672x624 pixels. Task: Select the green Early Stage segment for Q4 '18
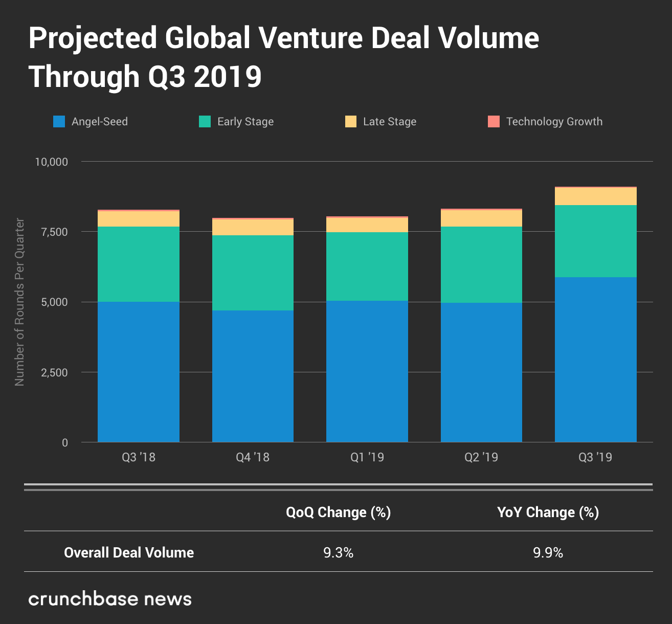pyautogui.click(x=253, y=273)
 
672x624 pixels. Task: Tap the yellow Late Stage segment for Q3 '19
pyautogui.click(x=595, y=196)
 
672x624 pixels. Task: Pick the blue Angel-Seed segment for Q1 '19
pyautogui.click(x=367, y=371)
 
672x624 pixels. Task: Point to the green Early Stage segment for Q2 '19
pyautogui.click(x=481, y=264)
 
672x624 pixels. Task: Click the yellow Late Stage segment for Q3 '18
pyautogui.click(x=138, y=219)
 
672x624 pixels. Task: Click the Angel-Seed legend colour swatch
pyautogui.click(x=59, y=122)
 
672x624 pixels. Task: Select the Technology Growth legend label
pyautogui.click(x=554, y=122)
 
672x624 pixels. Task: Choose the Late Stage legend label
pyautogui.click(x=390, y=122)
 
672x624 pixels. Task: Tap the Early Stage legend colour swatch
pyautogui.click(x=205, y=122)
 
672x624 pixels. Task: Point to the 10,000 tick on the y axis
pyautogui.click(x=51, y=162)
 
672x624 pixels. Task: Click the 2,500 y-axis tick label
pyautogui.click(x=54, y=372)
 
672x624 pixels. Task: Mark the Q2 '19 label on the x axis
pyautogui.click(x=481, y=457)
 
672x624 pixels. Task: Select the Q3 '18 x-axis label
pyautogui.click(x=138, y=457)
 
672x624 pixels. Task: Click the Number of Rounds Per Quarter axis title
pyautogui.click(x=19, y=302)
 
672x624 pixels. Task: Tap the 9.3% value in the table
pyautogui.click(x=338, y=552)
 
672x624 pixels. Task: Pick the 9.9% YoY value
pyautogui.click(x=548, y=552)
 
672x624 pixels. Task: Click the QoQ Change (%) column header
pyautogui.click(x=338, y=512)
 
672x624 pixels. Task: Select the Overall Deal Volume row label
pyautogui.click(x=129, y=552)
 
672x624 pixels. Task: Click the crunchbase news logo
pyautogui.click(x=110, y=599)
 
